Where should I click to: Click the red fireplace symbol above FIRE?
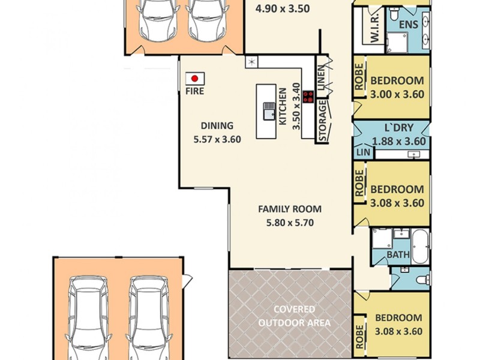[x=195, y=79]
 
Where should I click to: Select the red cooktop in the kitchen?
[x=308, y=97]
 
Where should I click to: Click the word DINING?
[x=217, y=125]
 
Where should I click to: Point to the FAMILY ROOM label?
[x=290, y=209]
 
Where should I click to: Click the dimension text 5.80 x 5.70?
[x=290, y=223]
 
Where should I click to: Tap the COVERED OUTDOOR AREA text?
[x=295, y=316]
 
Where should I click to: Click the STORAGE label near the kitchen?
[x=322, y=122]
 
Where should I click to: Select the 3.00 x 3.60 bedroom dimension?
[x=397, y=94]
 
